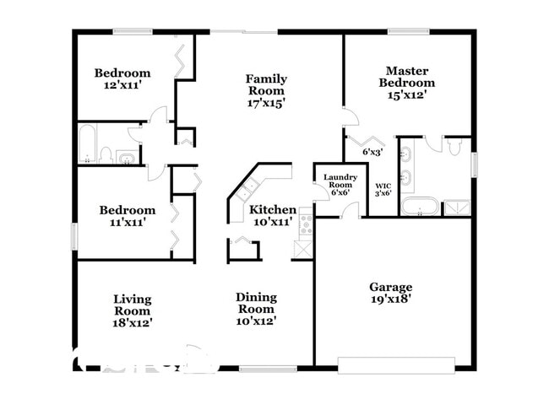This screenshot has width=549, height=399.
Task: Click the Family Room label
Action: [x=265, y=90]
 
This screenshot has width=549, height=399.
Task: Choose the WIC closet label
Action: [x=383, y=186]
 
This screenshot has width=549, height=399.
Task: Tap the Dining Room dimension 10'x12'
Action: [x=256, y=321]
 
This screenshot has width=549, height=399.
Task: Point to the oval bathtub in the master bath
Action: [x=419, y=206]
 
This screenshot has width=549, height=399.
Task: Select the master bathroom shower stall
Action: [x=456, y=207]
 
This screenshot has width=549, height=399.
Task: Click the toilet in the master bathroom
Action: [x=454, y=147]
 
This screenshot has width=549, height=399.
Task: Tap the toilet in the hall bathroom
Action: [x=106, y=154]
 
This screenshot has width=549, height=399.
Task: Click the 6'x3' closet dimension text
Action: [x=372, y=153]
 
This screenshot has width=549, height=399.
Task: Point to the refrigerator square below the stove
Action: [x=302, y=248]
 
